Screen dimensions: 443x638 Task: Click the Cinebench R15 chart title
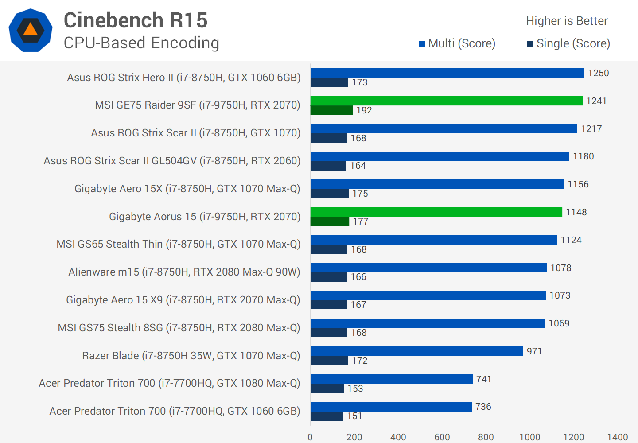pos(136,20)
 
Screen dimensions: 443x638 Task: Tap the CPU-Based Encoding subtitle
pos(141,43)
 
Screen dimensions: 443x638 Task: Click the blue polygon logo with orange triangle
pos(31,30)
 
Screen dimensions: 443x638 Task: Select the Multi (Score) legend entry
pos(457,43)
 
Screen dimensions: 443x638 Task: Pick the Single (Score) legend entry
pos(568,43)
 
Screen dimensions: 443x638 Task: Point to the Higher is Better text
pos(567,21)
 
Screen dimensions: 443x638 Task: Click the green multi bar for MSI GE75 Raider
pos(446,101)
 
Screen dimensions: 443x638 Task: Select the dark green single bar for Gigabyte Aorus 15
pos(330,221)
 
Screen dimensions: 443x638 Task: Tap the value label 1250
pos(598,73)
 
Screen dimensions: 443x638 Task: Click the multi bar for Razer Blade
pos(416,351)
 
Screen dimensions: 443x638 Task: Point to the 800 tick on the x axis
pos(486,437)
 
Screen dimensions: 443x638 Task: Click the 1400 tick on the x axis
pos(617,437)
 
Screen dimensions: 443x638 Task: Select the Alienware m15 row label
pos(184,272)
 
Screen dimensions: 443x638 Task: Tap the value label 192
pos(364,110)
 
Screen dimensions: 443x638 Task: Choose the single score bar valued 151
pos(327,416)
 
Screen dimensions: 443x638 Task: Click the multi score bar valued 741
pos(391,379)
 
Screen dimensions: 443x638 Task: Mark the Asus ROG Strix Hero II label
pos(183,78)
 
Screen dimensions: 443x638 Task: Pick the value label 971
pos(534,351)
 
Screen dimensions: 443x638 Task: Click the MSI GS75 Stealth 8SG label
pos(179,328)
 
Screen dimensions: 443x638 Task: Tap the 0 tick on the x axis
pos(310,437)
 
